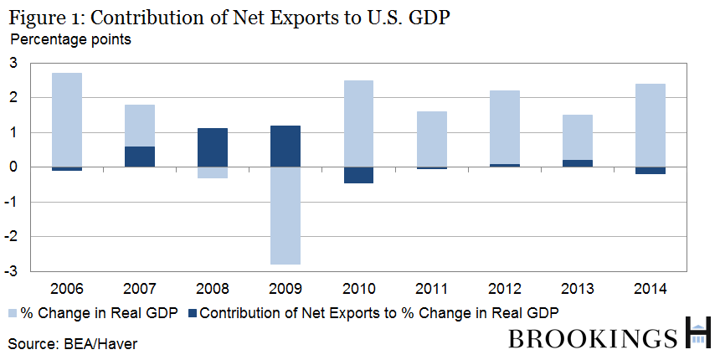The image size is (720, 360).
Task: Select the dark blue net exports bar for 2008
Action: [x=212, y=147]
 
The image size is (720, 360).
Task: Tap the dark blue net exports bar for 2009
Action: [x=284, y=146]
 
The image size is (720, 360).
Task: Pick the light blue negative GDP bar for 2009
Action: [x=284, y=215]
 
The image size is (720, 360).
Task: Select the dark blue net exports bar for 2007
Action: [x=139, y=157]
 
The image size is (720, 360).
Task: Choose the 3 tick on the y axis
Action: [x=13, y=63]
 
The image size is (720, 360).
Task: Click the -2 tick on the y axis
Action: [x=12, y=237]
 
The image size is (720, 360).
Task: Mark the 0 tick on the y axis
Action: [x=13, y=167]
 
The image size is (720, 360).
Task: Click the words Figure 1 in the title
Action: [x=41, y=17]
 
